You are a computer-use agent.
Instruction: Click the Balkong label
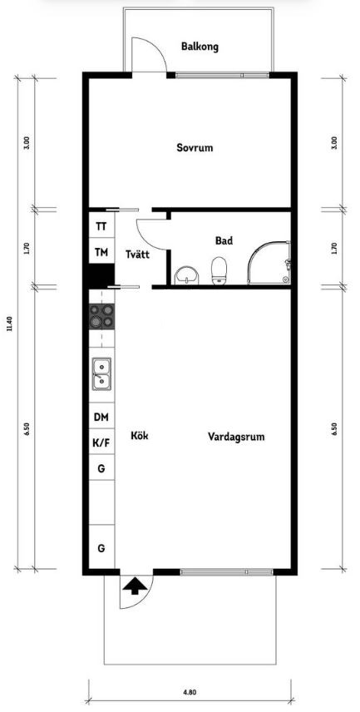pos(200,47)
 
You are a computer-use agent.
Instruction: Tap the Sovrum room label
pos(195,147)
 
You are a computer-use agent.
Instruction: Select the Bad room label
pos(224,240)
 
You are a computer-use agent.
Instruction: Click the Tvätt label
pos(138,255)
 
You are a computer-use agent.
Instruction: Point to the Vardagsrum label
pos(236,437)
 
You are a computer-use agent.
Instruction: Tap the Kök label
pos(140,436)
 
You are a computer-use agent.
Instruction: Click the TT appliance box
pos(101,225)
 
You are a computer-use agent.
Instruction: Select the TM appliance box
pos(101,251)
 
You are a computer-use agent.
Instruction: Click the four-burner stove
pos(101,316)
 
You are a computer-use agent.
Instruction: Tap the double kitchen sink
pos(101,374)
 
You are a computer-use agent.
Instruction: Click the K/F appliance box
pos(101,443)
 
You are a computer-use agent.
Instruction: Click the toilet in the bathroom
pos(219,271)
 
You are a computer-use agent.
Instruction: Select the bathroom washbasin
pos(187,275)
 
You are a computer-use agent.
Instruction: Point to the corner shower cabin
pos(269,263)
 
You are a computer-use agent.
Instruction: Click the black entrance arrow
pos(135,586)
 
